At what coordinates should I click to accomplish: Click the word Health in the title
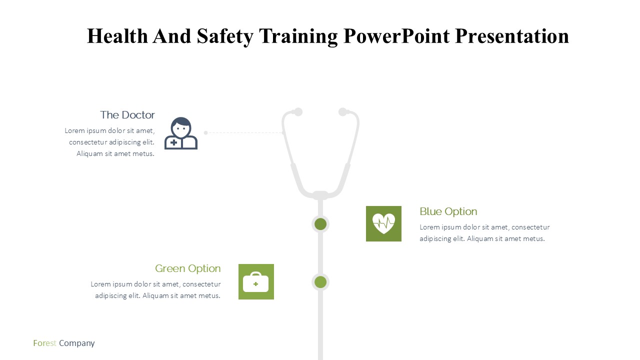117,36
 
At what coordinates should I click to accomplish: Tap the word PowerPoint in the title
396,36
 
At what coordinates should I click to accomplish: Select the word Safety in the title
225,37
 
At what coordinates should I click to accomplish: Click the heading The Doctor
127,115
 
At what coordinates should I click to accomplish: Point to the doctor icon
181,133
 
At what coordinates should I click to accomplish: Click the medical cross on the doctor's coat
173,142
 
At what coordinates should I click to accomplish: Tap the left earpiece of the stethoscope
298,111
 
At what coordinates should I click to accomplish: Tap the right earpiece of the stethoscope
343,111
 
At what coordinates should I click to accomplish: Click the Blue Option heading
448,211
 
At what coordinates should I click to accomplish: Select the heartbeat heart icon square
383,223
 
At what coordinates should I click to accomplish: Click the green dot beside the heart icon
320,224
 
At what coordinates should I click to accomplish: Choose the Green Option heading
187,268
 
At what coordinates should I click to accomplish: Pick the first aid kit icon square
256,281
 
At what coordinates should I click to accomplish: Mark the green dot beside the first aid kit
320,282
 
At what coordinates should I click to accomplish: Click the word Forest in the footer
44,343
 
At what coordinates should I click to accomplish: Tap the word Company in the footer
77,343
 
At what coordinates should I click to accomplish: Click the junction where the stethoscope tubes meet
320,195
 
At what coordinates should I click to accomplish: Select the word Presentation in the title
512,36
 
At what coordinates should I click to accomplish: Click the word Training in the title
298,37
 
